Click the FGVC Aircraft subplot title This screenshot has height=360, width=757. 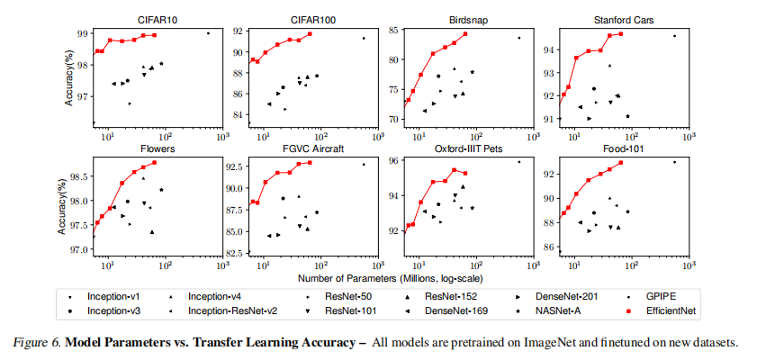click(312, 148)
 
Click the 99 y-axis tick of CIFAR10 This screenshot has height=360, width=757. click(82, 34)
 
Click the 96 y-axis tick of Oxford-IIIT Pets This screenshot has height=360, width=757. click(392, 161)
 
